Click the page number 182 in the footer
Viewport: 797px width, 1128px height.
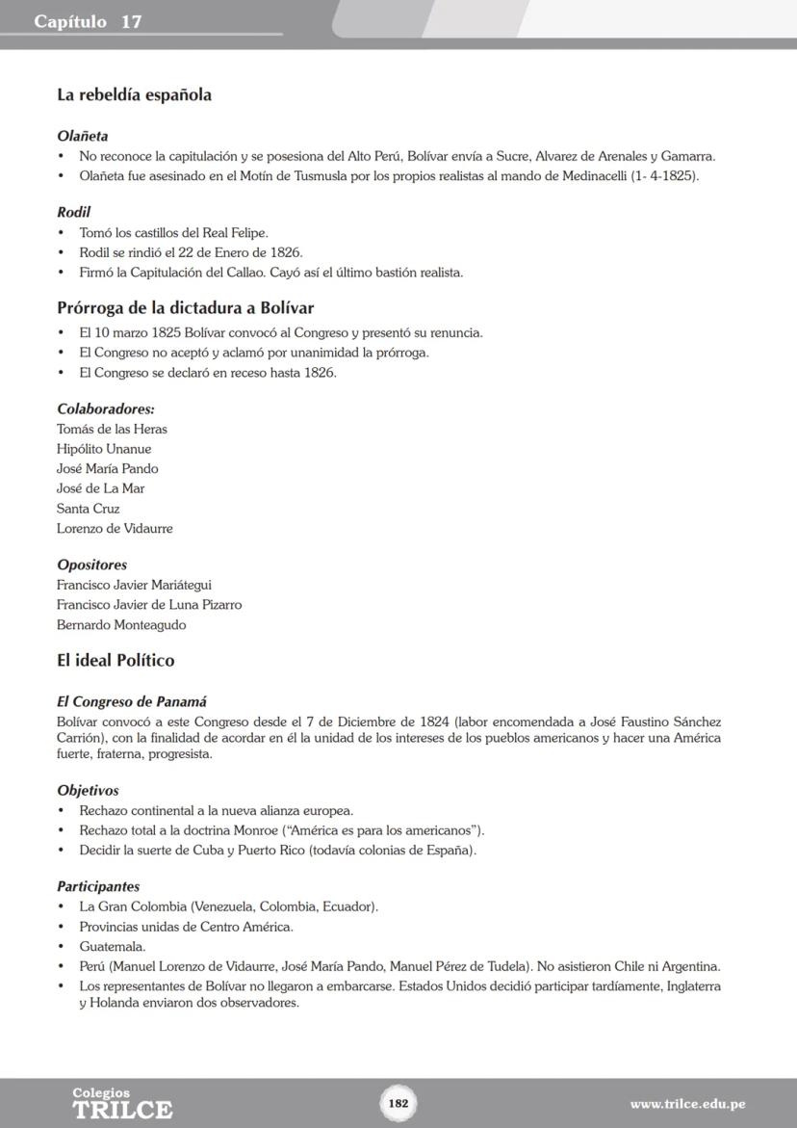398,1103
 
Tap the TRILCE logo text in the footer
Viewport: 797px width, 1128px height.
122,1109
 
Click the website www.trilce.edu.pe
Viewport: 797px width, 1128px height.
687,1104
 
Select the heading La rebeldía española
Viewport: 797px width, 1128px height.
134,95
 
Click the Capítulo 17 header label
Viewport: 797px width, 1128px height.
89,21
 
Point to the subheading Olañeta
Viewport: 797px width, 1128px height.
83,136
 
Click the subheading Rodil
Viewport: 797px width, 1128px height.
74,212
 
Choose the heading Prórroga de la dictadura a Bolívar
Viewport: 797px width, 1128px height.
185,308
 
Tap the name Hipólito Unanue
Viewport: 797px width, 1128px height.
104,449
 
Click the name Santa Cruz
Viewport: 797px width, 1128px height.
89,509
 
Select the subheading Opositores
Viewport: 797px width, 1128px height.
92,564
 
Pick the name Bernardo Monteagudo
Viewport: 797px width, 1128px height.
121,625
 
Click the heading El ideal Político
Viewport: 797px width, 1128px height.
116,661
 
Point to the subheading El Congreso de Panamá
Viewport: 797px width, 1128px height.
132,702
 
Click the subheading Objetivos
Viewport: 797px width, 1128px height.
89,791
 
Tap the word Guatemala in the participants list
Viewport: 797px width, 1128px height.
113,947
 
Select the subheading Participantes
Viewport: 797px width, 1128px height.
98,886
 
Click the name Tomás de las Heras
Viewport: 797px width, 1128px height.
112,430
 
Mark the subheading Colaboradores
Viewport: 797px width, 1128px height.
106,409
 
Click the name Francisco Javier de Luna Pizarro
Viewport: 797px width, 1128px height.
149,605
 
